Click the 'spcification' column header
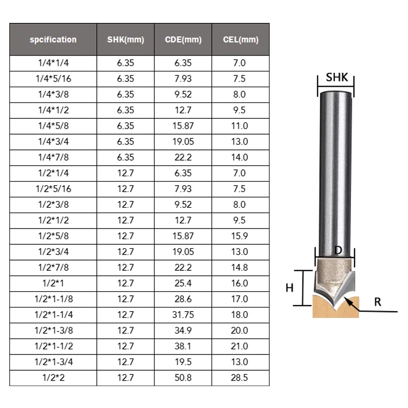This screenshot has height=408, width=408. pos(53,40)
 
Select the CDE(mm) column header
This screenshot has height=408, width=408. pos(183,40)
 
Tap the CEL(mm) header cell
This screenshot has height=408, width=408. pos(241,40)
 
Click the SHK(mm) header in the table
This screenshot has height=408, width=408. pos(125,40)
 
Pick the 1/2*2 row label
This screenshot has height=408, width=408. pos(54,377)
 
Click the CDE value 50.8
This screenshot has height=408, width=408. pos(183,377)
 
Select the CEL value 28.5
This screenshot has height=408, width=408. pos(239,377)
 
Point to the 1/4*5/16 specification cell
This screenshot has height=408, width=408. pos(54,79)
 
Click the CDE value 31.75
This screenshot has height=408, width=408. pos(183,315)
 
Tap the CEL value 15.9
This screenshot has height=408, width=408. pos(239,236)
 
